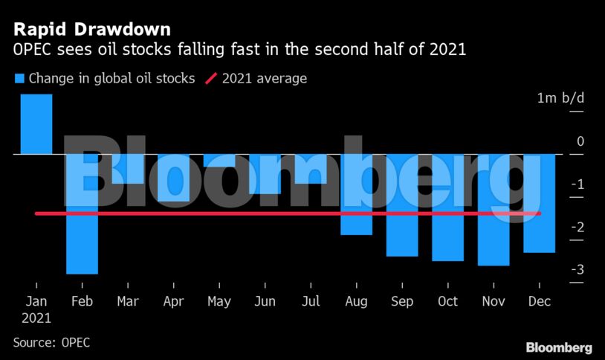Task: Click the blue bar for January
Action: point(36,124)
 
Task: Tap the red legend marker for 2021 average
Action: point(210,78)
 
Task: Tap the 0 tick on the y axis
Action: point(580,141)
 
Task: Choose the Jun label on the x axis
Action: point(265,301)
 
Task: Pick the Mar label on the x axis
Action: point(128,301)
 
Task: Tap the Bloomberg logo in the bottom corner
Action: point(558,347)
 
